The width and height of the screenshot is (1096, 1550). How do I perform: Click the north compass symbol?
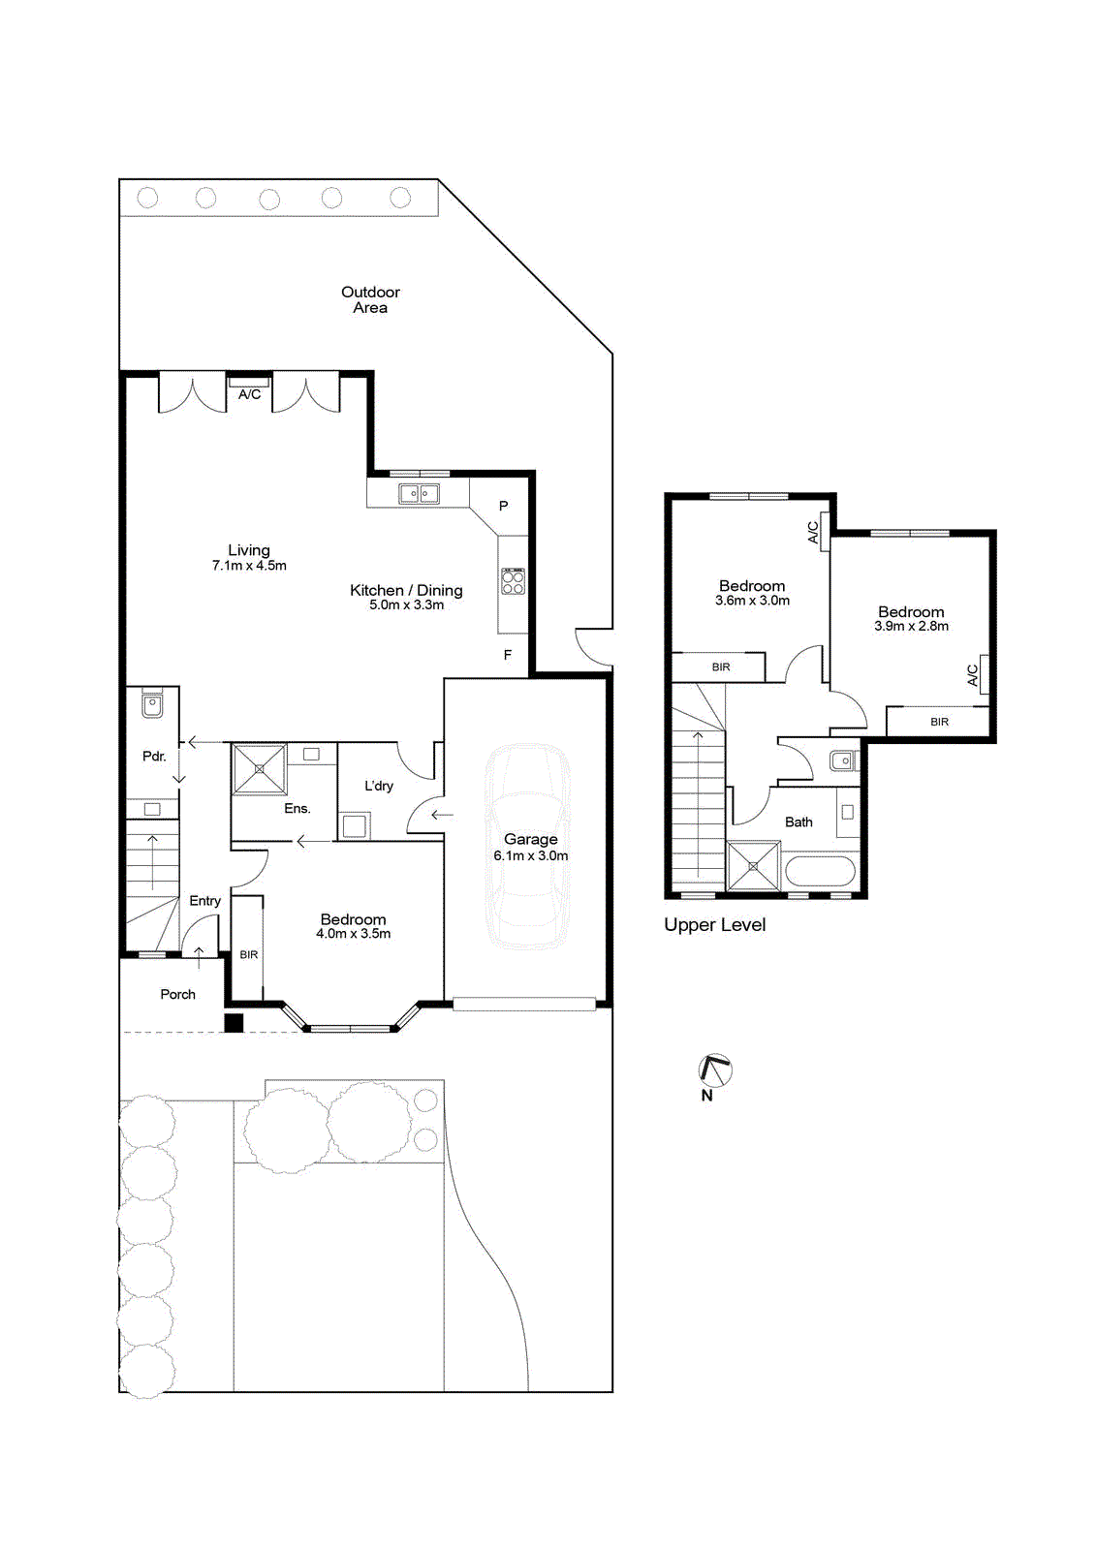tap(715, 1070)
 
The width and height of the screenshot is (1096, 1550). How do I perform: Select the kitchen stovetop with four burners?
tap(513, 580)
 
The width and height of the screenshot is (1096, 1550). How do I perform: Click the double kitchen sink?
tap(419, 493)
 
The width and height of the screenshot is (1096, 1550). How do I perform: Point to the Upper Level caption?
tap(714, 925)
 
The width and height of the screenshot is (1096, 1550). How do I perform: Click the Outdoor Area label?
tap(370, 299)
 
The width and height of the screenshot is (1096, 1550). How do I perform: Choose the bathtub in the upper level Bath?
tap(821, 871)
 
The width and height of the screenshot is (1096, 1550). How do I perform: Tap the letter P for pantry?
tap(503, 506)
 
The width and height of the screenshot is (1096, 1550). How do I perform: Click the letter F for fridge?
tap(508, 655)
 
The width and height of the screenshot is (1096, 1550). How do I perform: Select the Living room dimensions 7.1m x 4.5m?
tap(249, 566)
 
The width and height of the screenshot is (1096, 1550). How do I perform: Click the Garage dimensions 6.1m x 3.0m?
tap(531, 855)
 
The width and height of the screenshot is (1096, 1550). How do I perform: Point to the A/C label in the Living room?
tap(249, 394)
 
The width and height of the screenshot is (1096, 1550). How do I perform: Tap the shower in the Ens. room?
tap(259, 769)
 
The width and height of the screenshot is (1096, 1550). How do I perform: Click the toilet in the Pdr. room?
tap(152, 703)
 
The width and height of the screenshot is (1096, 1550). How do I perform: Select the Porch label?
tap(178, 994)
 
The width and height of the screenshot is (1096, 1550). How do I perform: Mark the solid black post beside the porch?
tap(234, 1023)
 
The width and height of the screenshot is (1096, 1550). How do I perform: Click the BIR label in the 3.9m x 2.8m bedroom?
tap(940, 722)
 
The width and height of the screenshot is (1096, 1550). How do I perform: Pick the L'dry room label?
tap(379, 786)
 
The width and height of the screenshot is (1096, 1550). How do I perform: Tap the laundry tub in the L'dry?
tap(356, 826)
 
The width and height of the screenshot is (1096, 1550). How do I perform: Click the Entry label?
tap(204, 901)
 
